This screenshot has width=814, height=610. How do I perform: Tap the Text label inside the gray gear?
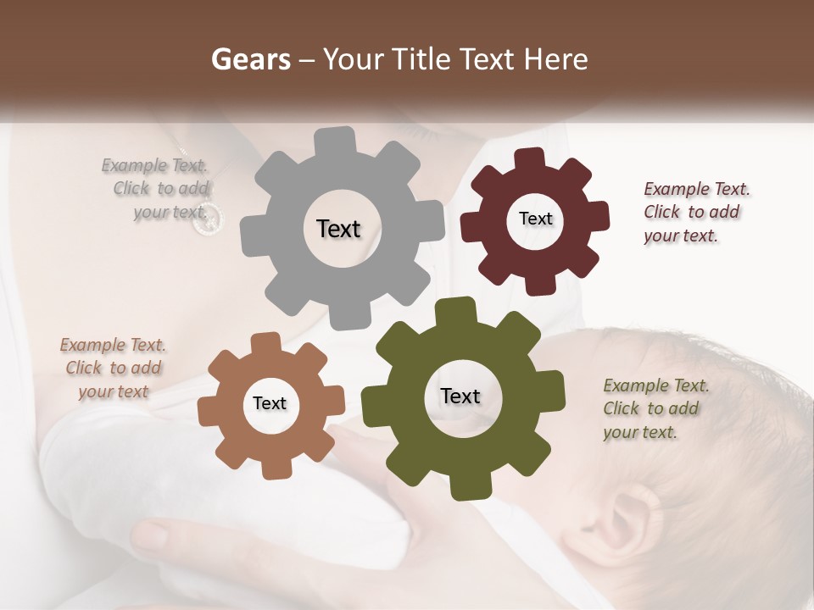338,229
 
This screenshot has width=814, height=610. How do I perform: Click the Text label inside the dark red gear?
535,219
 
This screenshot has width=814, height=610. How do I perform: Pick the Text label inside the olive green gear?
460,396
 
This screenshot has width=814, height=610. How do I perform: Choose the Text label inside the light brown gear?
270,403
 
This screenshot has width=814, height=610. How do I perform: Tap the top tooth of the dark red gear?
531,158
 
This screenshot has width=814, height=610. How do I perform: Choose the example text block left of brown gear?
113,368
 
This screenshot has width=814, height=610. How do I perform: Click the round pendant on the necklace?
207,219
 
